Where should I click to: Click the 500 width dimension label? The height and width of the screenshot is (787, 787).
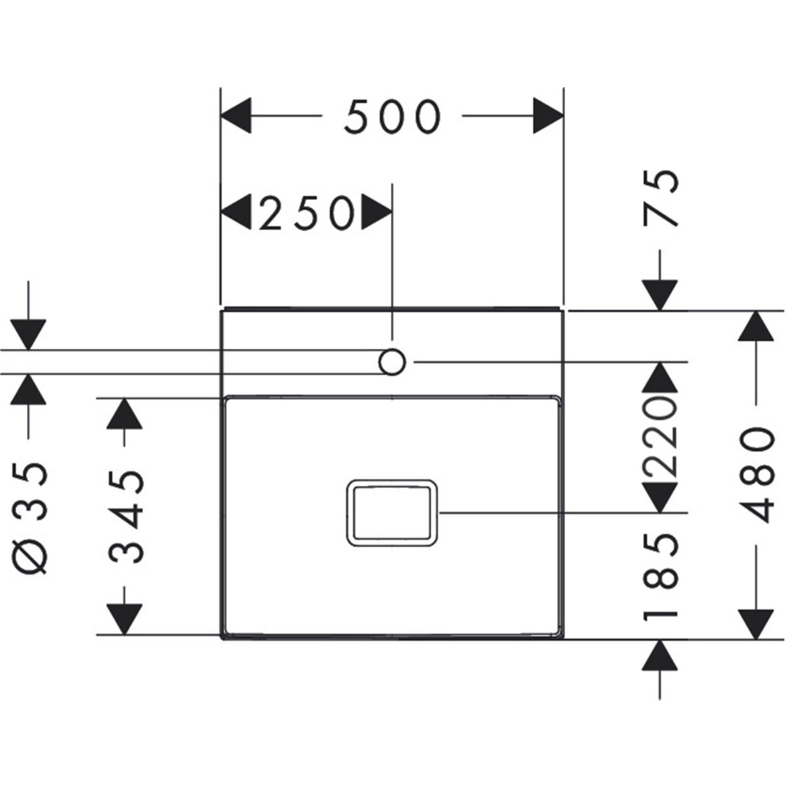click(392, 117)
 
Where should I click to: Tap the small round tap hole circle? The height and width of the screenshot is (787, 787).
click(392, 361)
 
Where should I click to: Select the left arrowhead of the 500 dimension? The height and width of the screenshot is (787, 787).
click(237, 117)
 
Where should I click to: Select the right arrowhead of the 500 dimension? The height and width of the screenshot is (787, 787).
click(548, 117)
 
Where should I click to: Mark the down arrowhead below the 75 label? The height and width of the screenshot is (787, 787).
click(660, 294)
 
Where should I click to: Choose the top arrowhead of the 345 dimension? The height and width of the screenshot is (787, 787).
click(125, 414)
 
